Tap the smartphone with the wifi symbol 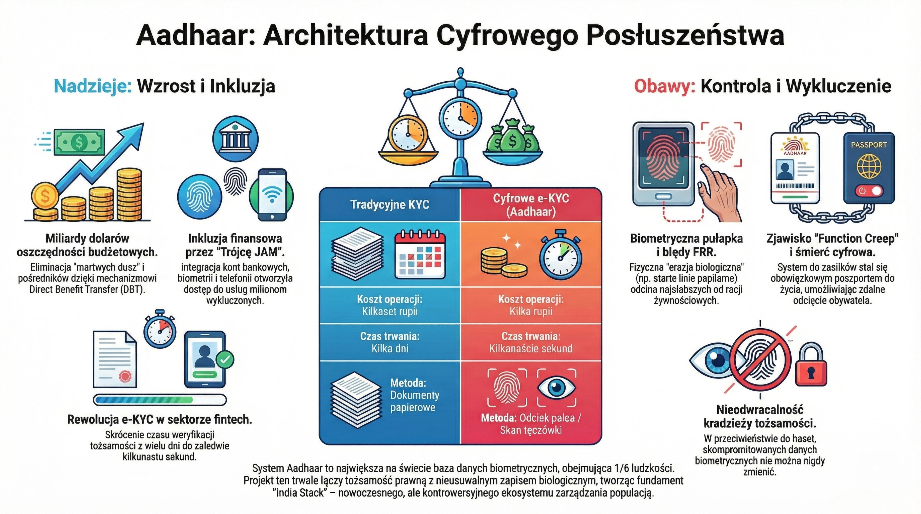click(272, 195)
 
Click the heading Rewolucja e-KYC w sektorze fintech click(159, 420)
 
